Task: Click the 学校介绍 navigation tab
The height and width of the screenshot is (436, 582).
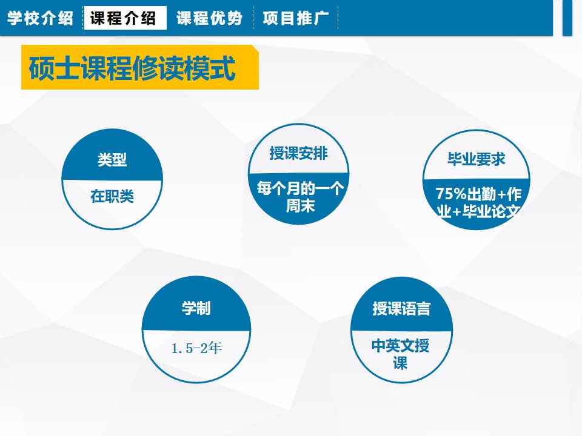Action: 40,18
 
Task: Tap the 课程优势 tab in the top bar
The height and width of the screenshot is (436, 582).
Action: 209,18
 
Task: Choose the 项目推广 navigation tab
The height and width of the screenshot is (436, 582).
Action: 296,18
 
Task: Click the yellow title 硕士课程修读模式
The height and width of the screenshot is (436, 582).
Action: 132,68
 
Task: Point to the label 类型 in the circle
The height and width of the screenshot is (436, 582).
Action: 112,160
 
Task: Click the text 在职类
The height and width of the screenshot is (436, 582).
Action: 112,196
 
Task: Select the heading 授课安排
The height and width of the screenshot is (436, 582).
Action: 298,153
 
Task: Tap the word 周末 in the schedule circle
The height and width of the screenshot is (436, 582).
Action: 300,206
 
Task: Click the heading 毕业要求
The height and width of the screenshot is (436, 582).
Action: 477,159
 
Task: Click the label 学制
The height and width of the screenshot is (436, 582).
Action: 196,308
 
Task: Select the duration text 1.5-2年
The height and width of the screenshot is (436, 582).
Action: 196,348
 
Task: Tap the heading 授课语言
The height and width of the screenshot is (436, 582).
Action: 401,308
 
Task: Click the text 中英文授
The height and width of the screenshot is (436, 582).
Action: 401,346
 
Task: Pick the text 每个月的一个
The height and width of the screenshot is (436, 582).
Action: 300,189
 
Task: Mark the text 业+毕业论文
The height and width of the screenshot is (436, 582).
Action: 478,211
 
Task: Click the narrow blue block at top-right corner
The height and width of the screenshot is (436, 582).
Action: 567,18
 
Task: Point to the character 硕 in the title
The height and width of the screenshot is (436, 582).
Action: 41,68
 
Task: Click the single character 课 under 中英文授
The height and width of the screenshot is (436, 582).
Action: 401,363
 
